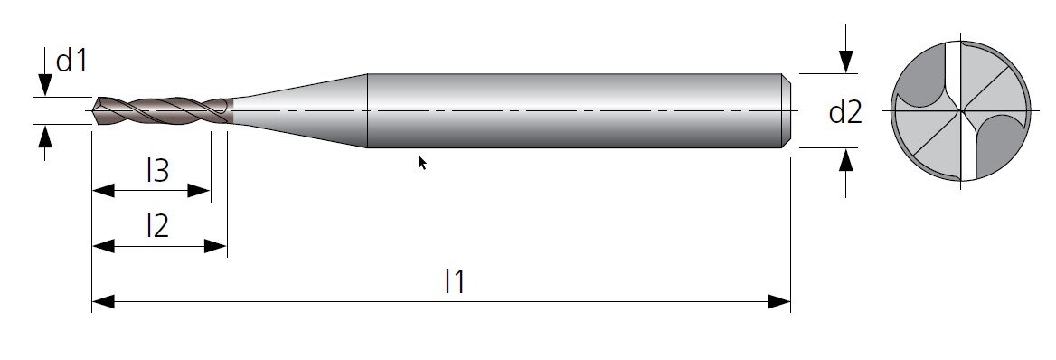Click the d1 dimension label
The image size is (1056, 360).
(71, 61)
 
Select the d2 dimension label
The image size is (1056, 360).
(845, 112)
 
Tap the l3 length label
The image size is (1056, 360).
(157, 171)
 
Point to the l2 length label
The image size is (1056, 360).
(157, 226)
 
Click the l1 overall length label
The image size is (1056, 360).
(456, 281)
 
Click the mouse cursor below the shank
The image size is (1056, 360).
(422, 163)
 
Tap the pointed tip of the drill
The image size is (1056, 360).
(94, 110)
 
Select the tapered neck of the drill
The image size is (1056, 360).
(299, 110)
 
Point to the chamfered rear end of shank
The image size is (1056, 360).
(786, 110)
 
